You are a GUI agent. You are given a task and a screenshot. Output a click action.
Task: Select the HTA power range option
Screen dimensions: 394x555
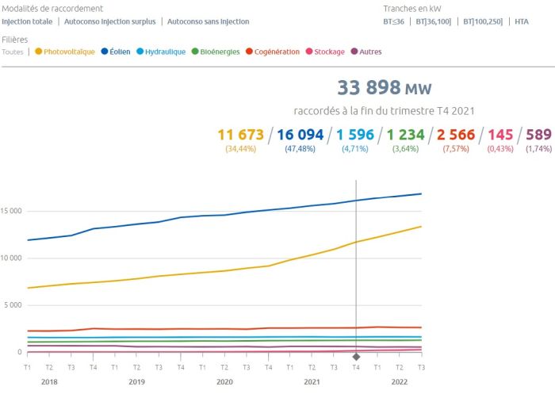pos(521,21)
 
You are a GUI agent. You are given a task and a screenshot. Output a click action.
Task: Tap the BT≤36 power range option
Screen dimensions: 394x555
pos(394,21)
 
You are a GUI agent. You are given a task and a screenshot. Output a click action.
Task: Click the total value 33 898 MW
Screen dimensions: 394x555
pos(385,88)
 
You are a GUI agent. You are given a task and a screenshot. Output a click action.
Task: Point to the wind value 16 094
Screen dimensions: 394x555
pos(300,135)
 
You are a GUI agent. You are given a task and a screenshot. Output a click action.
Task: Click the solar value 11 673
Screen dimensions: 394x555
pos(240,135)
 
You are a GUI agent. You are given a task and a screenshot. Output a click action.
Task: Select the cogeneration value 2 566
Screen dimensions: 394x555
pos(455,135)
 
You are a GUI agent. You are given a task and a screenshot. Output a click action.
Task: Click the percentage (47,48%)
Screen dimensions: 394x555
pos(300,148)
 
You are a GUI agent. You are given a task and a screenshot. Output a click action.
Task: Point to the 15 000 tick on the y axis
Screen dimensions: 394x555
pos(12,211)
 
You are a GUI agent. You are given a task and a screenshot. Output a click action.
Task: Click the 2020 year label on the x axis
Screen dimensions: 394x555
pos(224,381)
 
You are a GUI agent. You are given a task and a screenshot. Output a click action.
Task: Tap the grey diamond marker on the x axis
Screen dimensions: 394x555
pos(356,357)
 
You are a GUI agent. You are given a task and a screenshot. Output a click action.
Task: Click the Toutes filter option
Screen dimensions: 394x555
pos(13,52)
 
